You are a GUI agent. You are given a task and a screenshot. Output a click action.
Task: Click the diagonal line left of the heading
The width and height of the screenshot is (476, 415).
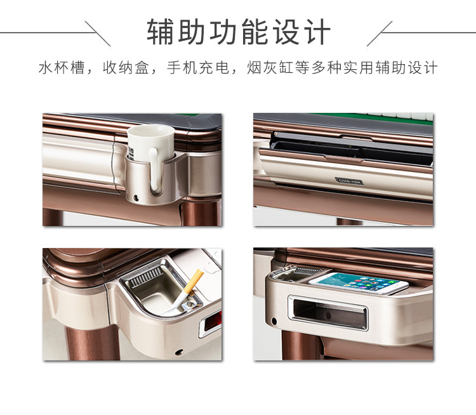[x=98, y=32]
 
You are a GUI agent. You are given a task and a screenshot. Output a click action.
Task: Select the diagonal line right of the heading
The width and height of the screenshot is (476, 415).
[x=380, y=32]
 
